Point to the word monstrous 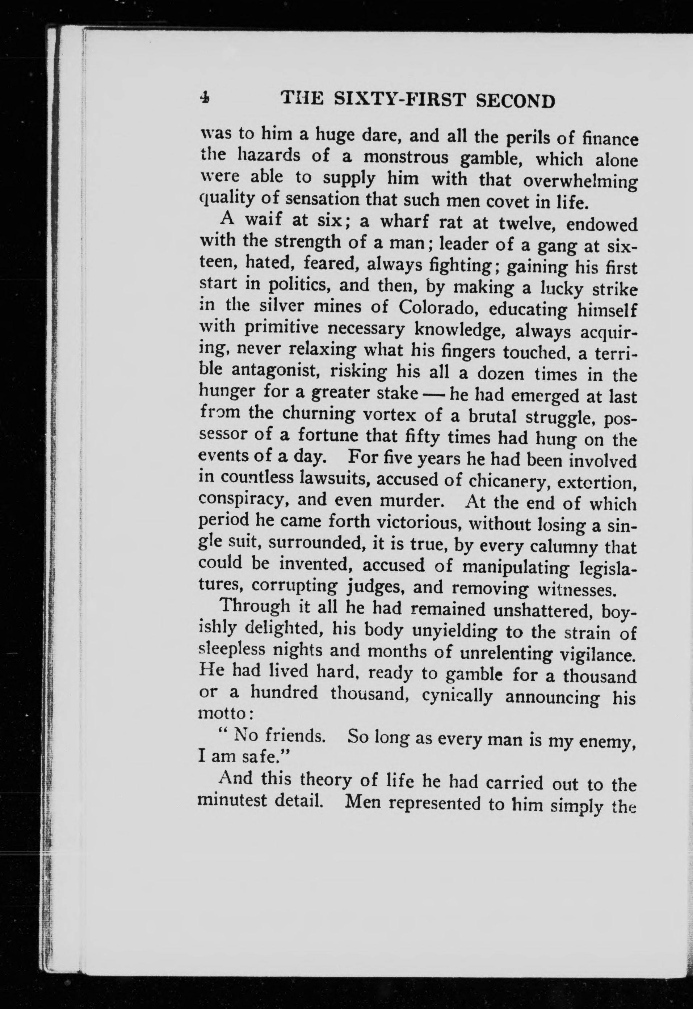[406, 157]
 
